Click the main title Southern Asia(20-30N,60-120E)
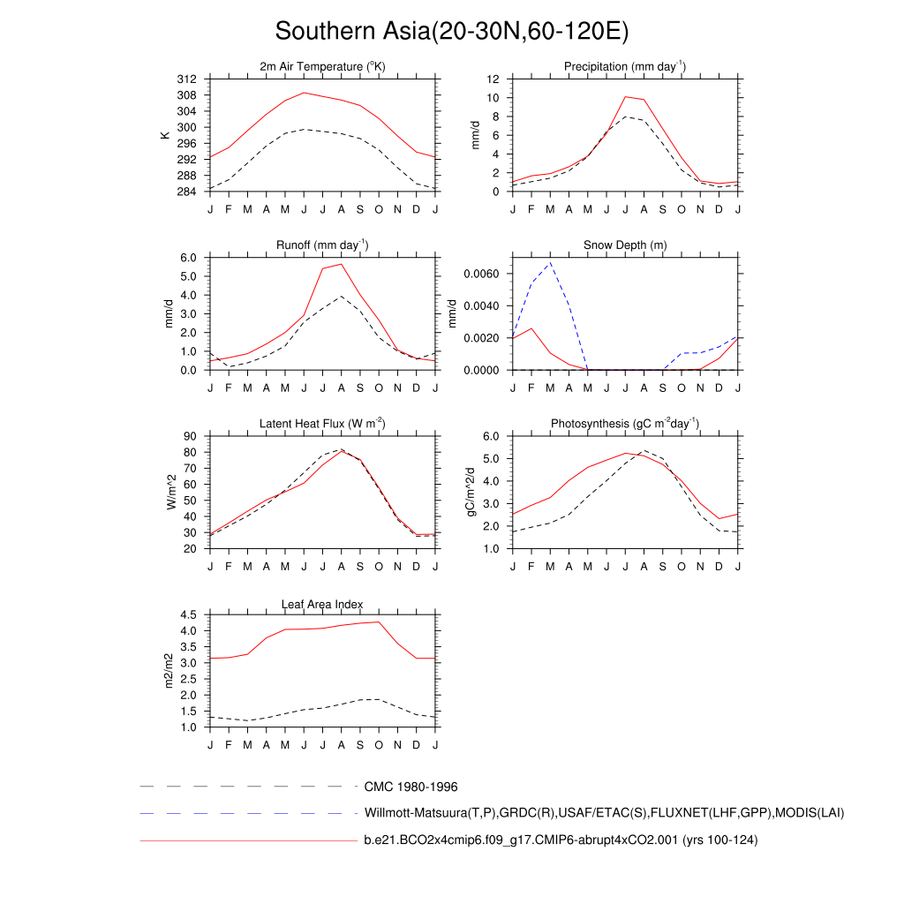451,32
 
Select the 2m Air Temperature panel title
322,67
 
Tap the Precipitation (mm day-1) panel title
625,67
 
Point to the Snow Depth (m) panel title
625,245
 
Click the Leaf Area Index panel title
322,604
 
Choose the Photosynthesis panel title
625,424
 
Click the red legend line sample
247,840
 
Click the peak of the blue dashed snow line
550,262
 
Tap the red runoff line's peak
342,264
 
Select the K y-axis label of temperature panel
164,135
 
